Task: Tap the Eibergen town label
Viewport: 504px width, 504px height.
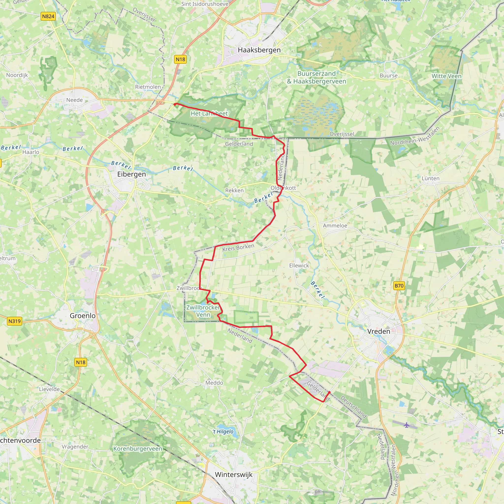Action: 131,174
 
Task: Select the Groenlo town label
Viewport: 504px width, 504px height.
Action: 82,316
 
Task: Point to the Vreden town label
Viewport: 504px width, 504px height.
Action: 378,331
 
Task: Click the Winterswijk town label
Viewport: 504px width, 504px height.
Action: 234,474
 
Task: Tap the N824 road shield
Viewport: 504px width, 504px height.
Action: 48,16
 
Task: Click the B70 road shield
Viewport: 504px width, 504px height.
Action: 399,286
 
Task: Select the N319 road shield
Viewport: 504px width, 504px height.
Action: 14,321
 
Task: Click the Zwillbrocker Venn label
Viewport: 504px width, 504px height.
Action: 203,311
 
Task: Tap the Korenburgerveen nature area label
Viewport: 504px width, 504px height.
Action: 138,449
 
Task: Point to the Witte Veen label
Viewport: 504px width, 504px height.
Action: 446,76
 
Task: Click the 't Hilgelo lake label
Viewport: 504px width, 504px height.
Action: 223,431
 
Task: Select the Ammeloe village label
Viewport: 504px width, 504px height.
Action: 335,226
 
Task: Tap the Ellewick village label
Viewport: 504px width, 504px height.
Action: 299,266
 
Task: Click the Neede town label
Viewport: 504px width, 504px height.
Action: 74,100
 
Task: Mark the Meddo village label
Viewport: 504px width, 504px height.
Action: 214,383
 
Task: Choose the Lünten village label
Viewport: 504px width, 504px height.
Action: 430,178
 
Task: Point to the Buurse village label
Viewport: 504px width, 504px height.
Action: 388,76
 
